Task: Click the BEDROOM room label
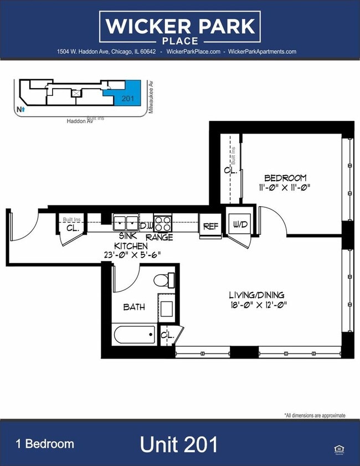coord(285,178)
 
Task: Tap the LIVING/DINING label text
coord(258,295)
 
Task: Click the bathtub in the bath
coord(134,335)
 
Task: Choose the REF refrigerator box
coord(210,226)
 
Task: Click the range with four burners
coord(163,223)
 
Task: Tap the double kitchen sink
coord(126,223)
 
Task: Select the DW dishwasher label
coord(146,226)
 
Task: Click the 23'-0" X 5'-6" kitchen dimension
coord(131,255)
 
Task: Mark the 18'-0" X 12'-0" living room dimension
coord(258,304)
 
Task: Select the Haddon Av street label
coord(79,120)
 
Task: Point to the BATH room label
coord(134,306)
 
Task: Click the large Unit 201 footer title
coord(178,444)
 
